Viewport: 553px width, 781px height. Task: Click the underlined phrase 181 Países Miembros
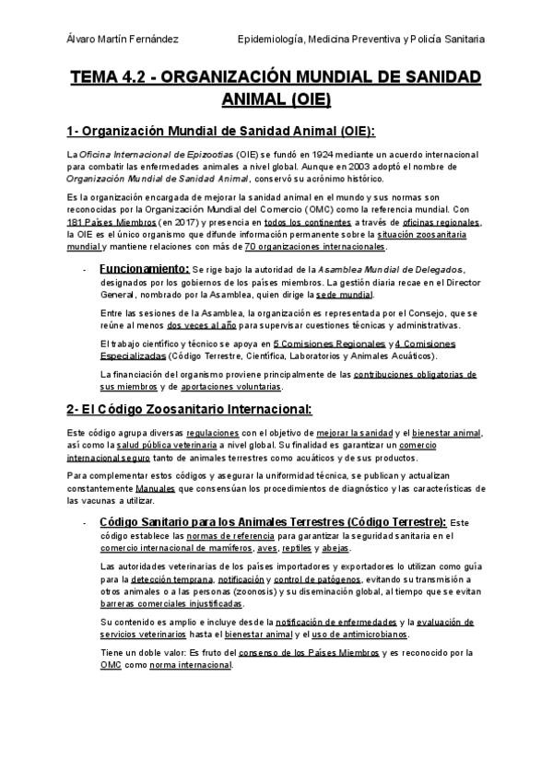coord(104,222)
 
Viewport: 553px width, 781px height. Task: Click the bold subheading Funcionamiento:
coord(150,268)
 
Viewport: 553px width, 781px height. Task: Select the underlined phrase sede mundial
coord(344,295)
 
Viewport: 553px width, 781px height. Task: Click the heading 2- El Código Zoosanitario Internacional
coord(189,409)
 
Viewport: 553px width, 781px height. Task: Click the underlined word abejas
coord(335,549)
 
